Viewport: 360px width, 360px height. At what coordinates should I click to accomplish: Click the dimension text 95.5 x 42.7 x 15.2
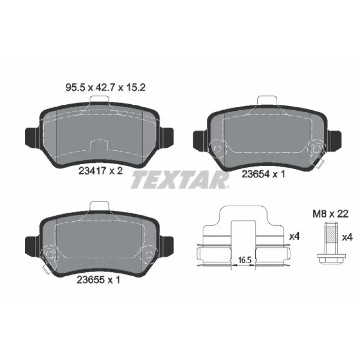[105, 87]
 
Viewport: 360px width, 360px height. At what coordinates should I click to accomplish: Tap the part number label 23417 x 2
[100, 171]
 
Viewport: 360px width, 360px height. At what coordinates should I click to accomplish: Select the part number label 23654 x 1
[263, 174]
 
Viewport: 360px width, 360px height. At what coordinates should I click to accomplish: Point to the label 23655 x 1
[98, 280]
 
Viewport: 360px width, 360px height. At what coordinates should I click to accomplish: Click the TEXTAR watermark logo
[180, 180]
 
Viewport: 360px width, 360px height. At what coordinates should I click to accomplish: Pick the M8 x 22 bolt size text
[331, 214]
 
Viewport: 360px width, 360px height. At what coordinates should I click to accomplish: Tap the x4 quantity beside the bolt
[347, 238]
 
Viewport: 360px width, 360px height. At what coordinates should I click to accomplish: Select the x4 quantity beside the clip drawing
[294, 237]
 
